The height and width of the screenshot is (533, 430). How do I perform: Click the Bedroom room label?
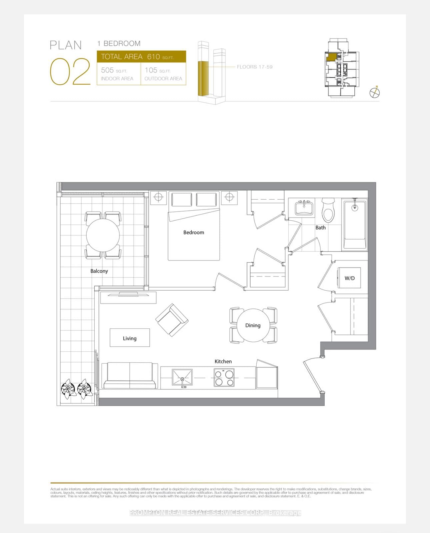tap(194, 232)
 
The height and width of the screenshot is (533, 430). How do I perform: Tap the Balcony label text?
tap(99, 271)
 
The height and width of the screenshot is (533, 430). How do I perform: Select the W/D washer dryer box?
tap(349, 278)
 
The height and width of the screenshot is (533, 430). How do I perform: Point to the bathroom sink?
tap(304, 208)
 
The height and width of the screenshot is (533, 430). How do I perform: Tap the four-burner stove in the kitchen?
tap(224, 378)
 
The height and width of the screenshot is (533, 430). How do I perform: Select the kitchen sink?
tap(182, 378)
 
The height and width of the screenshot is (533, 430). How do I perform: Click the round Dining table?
tap(253, 325)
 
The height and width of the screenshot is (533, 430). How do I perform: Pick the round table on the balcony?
tap(103, 235)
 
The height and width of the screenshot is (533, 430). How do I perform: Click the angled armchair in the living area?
tap(172, 320)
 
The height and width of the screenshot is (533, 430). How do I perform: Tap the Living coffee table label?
tap(130, 338)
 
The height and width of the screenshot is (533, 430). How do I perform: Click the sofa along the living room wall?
tap(130, 376)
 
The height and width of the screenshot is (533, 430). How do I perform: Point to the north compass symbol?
tap(375, 93)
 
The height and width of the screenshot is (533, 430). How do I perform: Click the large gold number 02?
tap(70, 71)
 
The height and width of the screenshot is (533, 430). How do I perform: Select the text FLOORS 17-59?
tap(254, 67)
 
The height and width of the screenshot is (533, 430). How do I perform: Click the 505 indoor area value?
tap(107, 70)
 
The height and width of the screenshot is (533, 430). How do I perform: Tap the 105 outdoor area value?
tap(151, 70)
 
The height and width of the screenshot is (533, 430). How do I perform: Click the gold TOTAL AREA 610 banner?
tap(141, 56)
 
